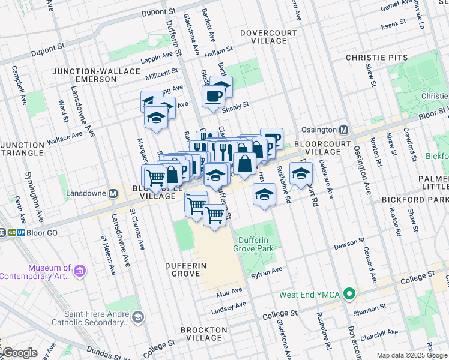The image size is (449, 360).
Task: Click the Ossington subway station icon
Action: (x=344, y=130)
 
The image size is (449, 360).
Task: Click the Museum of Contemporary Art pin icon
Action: (x=79, y=272)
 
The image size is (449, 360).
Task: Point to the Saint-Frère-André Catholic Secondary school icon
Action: (x=138, y=317)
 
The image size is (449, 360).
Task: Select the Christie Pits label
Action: (x=377, y=58)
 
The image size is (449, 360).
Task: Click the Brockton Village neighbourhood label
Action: (x=204, y=334)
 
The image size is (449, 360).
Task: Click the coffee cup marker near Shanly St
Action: (x=214, y=95)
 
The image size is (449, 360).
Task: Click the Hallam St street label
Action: (x=218, y=53)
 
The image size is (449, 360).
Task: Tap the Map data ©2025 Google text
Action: (x=412, y=355)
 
